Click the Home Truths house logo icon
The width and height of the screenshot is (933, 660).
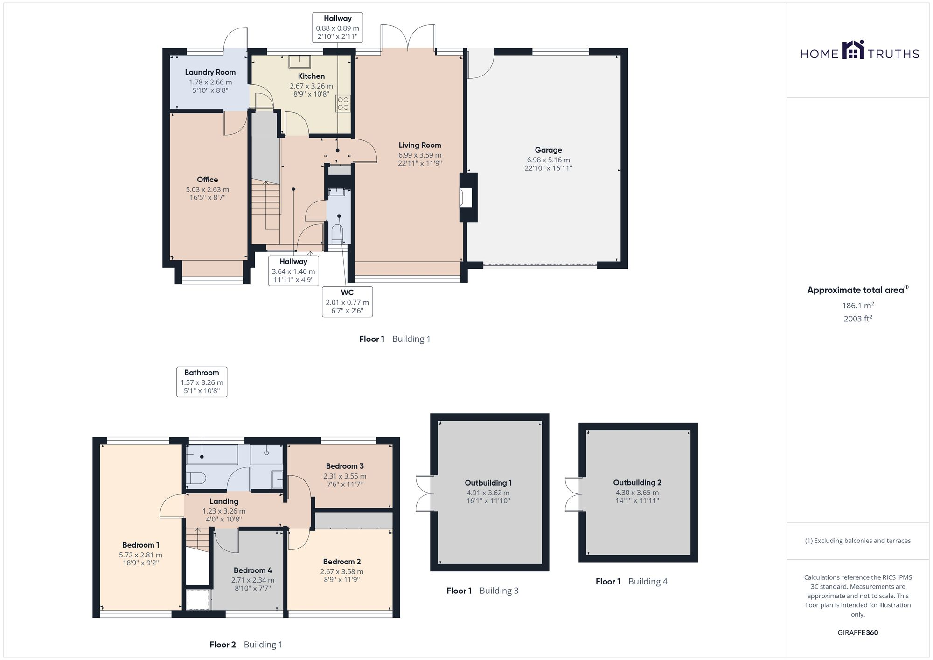click(853, 50)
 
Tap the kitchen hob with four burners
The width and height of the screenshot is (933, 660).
click(343, 104)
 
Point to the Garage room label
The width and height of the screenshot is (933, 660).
click(548, 150)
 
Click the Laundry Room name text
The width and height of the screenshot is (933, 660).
click(210, 72)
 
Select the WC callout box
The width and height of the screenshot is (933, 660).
click(347, 301)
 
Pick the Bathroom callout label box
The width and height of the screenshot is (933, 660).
click(202, 382)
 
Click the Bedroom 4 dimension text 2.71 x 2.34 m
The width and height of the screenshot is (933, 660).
click(253, 580)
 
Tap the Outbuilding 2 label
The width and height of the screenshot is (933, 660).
click(637, 483)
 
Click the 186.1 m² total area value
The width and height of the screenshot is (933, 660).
click(857, 306)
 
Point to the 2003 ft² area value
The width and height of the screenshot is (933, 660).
click(857, 319)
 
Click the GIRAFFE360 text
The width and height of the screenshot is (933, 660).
click(857, 633)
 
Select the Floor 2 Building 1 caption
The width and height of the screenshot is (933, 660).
click(246, 645)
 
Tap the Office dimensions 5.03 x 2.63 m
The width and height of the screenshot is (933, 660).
click(207, 190)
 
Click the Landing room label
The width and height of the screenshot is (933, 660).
click(224, 501)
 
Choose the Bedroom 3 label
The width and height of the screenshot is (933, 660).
click(344, 466)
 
